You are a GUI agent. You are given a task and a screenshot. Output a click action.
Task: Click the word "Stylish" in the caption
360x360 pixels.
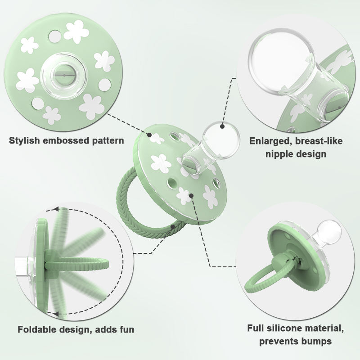[x=24, y=140]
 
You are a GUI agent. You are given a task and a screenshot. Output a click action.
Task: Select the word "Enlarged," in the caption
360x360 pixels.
[x=271, y=141]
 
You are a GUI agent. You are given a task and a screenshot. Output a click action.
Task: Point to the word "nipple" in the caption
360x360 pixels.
[x=280, y=153]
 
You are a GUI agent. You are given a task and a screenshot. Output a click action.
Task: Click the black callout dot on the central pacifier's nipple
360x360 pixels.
[x=222, y=126]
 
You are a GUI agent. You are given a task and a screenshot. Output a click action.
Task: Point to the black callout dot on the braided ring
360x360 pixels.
[x=173, y=227]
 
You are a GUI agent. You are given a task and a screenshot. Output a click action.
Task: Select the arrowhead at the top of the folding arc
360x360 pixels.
[x=56, y=209]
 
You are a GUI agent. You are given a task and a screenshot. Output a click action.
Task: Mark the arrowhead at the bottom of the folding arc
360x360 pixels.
[x=55, y=313]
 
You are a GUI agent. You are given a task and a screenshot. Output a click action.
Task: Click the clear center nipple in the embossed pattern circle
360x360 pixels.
[x=63, y=76]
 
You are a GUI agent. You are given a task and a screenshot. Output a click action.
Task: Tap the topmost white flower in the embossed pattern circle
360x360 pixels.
[x=76, y=31]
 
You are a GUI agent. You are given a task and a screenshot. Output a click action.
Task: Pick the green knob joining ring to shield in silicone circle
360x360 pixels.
[x=281, y=261]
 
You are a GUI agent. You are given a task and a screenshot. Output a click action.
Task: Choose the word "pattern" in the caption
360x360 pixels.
[x=108, y=141]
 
